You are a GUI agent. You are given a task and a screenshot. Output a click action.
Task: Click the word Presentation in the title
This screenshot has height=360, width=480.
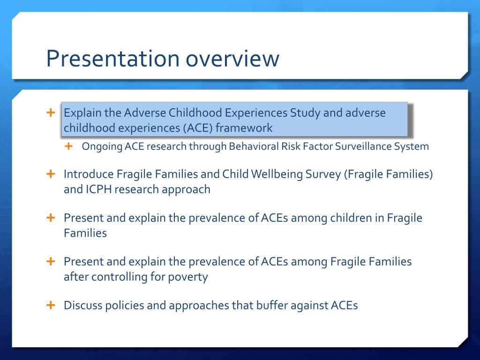click(112, 59)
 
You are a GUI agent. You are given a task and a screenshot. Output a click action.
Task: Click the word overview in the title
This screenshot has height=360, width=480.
click(232, 59)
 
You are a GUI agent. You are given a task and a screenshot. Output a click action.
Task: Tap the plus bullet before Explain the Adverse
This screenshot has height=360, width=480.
click(51, 113)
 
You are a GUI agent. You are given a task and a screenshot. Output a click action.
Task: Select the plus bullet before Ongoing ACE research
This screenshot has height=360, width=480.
click(69, 146)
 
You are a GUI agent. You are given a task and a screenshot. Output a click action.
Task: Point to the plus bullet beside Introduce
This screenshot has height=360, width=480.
click(51, 174)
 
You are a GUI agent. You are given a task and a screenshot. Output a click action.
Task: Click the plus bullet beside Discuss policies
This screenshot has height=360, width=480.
click(51, 305)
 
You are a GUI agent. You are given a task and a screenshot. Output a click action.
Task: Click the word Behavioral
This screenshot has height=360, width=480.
click(254, 146)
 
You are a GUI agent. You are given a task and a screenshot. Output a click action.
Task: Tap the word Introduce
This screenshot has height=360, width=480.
click(89, 174)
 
